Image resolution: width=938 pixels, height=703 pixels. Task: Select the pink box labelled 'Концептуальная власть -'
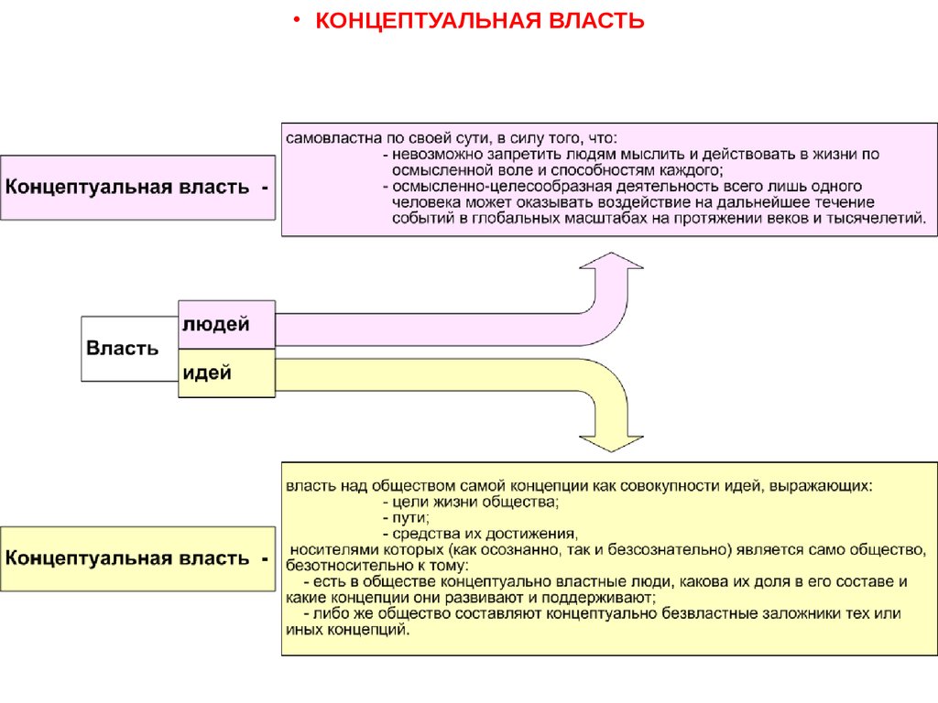pos(137,188)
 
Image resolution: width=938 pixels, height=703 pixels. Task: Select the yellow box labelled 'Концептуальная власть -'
pos(137,558)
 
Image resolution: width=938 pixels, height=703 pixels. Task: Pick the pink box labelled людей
pos(225,325)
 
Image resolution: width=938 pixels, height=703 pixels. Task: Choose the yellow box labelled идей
pos(225,373)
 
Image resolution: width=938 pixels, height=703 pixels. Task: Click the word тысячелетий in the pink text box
pos(879,219)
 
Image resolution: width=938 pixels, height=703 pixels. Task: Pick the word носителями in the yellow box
pos(330,549)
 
